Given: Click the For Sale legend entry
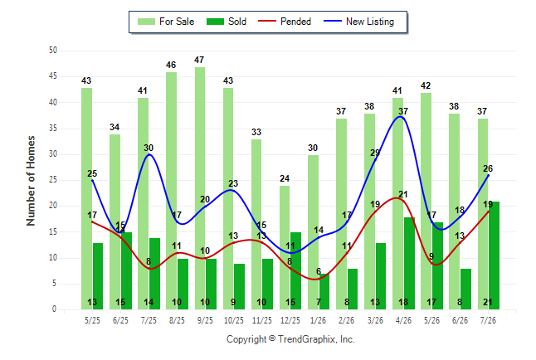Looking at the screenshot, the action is [x=166, y=22].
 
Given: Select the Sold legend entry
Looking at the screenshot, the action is [x=227, y=22].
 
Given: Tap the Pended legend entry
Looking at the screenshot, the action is [x=285, y=22].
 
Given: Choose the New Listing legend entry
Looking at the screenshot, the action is [x=359, y=22].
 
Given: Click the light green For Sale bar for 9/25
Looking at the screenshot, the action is [x=200, y=188].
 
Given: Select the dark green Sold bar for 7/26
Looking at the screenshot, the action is [x=494, y=255].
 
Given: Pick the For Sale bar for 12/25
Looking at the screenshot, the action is [x=285, y=248].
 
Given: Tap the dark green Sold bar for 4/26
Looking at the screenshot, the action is [x=409, y=264].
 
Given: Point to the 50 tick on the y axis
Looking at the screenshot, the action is [x=52, y=51].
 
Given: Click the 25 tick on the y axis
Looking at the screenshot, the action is [x=52, y=180].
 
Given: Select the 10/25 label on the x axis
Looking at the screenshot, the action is [x=234, y=320].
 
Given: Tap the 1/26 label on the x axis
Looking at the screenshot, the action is [x=319, y=320].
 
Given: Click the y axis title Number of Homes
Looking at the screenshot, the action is [x=31, y=181].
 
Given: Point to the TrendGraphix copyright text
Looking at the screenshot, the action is [x=290, y=339].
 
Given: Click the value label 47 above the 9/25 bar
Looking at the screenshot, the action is [x=199, y=61].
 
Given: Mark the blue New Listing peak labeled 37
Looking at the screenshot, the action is [x=400, y=117].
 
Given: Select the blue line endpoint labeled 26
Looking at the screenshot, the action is [x=488, y=175].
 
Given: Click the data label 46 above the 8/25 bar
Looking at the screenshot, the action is [x=171, y=65].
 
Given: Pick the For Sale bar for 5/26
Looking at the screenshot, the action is [x=426, y=202].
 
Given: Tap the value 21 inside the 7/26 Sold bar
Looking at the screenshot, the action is [x=488, y=302].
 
